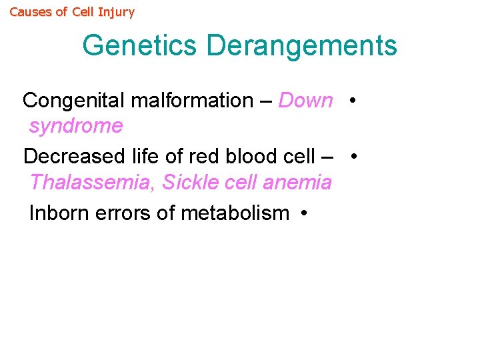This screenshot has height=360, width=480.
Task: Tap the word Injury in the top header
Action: tap(117, 13)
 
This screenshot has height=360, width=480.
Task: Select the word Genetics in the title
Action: tap(141, 46)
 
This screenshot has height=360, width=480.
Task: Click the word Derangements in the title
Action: tap(301, 46)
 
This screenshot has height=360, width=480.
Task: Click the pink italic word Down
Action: tap(305, 101)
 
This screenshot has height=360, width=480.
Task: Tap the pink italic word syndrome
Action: tap(76, 126)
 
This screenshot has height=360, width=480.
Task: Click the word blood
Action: tap(249, 157)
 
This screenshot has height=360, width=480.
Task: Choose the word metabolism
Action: tap(226, 213)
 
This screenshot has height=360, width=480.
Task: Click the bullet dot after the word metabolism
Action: tap(303, 214)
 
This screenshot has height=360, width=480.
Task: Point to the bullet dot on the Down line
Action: tap(351, 101)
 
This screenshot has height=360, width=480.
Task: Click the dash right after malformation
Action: tap(265, 101)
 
